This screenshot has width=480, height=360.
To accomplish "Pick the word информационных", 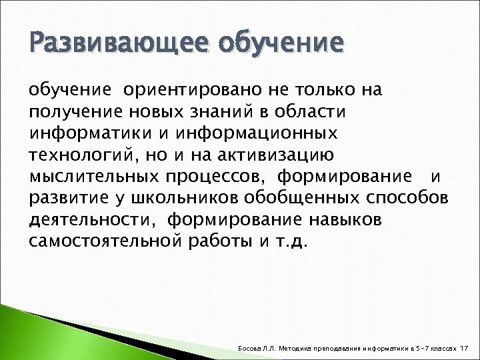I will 260,132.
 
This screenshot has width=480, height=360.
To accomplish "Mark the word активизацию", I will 283,154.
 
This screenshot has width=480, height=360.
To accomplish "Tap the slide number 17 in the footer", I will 465,348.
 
